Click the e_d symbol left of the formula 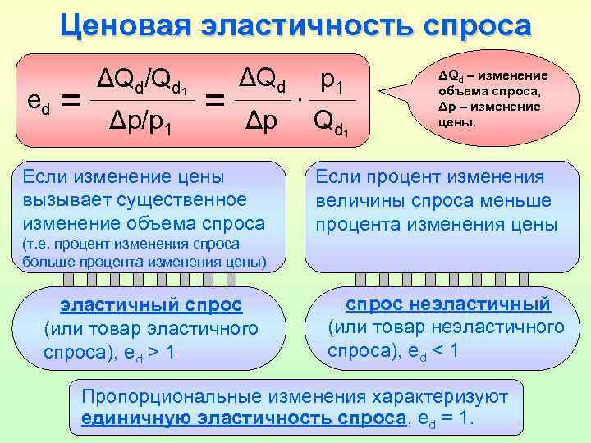point(38,102)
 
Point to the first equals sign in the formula point(72,103)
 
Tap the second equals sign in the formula point(215,103)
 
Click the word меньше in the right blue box point(520,199)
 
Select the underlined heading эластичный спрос point(150,305)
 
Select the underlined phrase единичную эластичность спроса point(244,418)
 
